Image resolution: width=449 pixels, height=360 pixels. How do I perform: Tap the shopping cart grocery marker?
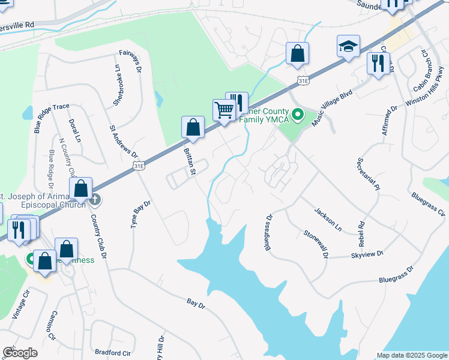pos(224,110)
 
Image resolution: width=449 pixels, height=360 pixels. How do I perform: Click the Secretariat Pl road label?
pos(369,175)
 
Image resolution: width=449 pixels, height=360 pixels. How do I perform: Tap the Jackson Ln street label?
pos(328,219)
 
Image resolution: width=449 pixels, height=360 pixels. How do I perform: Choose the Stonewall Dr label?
pos(316,244)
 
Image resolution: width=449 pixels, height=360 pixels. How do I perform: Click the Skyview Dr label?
pos(367,254)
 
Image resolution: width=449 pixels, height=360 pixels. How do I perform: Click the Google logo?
pos(20,353)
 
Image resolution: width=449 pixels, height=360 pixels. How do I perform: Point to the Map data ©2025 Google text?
pos(411,355)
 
